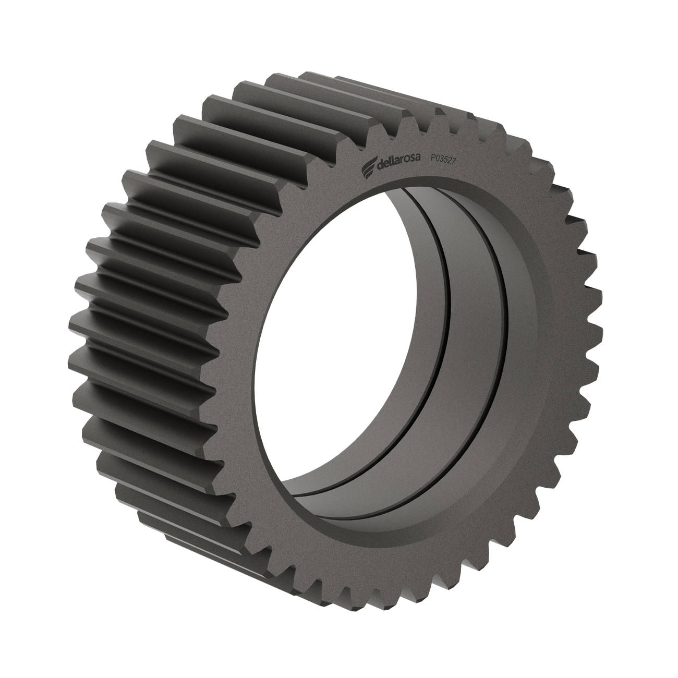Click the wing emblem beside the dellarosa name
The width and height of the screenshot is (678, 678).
(369, 167)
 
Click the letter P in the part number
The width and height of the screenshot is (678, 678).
(433, 158)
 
